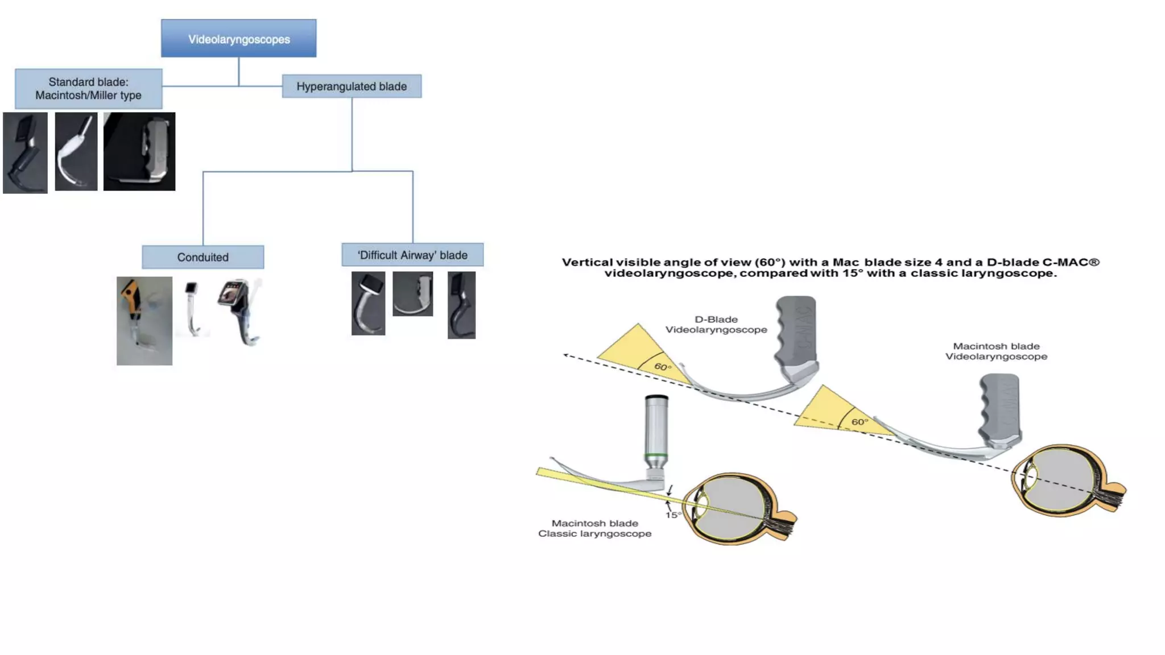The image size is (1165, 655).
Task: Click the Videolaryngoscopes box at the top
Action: click(238, 39)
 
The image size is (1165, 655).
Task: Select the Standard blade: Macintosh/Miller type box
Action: click(88, 89)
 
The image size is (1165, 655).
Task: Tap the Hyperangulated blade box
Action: click(352, 86)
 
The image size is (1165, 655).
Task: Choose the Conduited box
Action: click(203, 257)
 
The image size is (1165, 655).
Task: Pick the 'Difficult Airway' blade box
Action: click(412, 255)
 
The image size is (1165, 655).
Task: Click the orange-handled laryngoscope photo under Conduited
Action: click(144, 321)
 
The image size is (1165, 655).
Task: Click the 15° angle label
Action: click(673, 515)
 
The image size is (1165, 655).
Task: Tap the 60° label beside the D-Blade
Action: click(663, 367)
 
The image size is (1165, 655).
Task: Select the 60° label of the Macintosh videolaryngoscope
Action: click(860, 422)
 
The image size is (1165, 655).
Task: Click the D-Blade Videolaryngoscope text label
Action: click(716, 325)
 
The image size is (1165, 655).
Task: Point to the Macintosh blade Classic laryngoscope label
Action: click(594, 528)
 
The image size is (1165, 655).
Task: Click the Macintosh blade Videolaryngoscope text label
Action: click(996, 351)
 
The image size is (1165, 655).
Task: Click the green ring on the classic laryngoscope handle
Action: click(656, 455)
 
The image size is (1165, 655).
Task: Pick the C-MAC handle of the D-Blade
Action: click(796, 330)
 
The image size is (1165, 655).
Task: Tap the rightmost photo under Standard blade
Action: click(139, 151)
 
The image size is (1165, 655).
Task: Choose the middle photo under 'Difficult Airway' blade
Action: click(412, 293)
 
